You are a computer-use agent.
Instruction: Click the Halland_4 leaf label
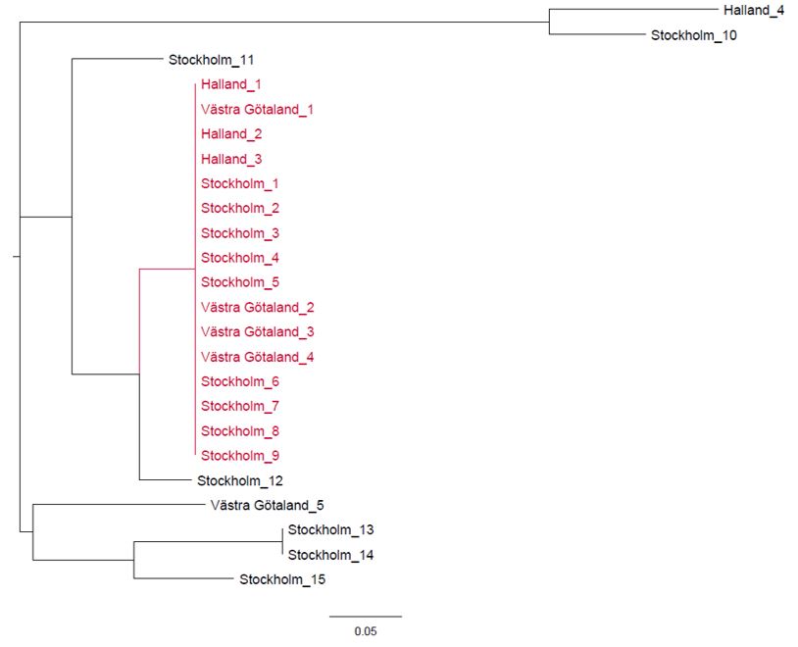pyautogui.click(x=753, y=11)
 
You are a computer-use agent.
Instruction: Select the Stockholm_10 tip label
pyautogui.click(x=693, y=36)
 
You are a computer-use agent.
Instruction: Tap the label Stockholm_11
pyautogui.click(x=212, y=60)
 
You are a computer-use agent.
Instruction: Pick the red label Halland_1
pyautogui.click(x=231, y=85)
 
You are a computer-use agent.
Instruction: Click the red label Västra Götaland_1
pyautogui.click(x=257, y=110)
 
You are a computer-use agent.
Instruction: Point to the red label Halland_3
pyautogui.click(x=231, y=159)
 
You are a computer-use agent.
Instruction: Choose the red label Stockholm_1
pyautogui.click(x=240, y=183)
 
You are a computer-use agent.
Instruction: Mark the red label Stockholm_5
pyautogui.click(x=240, y=282)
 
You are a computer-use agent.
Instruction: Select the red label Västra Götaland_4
pyautogui.click(x=257, y=357)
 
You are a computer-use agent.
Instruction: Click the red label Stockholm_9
pyautogui.click(x=240, y=456)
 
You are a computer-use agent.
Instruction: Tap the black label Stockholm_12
pyautogui.click(x=240, y=480)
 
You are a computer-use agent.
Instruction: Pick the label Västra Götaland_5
pyautogui.click(x=267, y=506)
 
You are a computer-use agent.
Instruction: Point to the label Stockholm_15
pyautogui.click(x=282, y=579)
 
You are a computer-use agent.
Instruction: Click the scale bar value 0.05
pyautogui.click(x=365, y=632)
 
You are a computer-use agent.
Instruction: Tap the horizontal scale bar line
pyautogui.click(x=365, y=617)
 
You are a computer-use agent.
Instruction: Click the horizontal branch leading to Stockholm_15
pyautogui.click(x=181, y=579)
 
